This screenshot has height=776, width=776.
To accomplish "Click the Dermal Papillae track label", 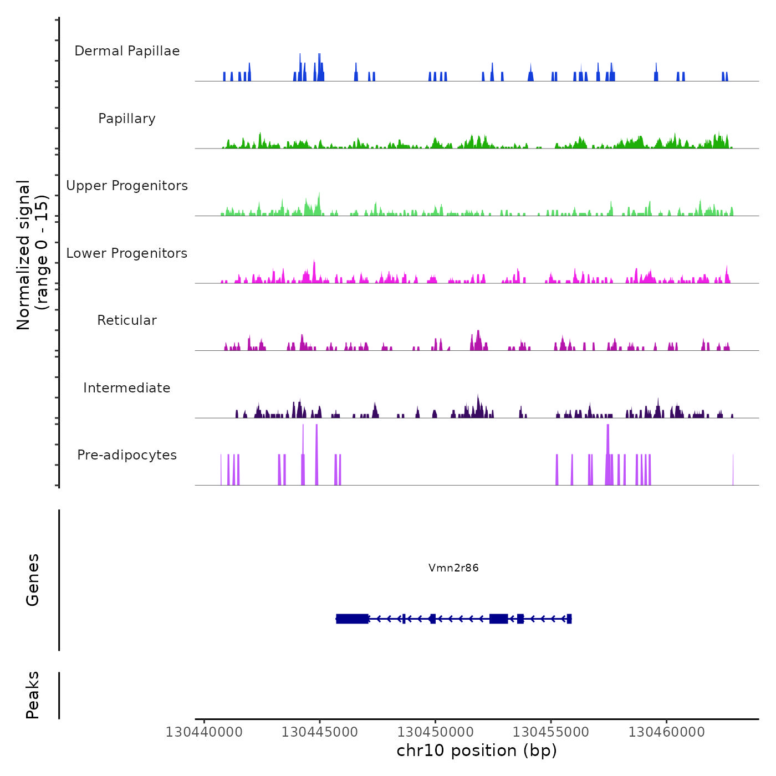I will [127, 51].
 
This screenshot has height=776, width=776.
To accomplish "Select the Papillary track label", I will [127, 119].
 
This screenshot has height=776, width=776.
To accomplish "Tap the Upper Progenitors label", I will [127, 186].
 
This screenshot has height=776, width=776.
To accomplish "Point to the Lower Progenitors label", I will [127, 253].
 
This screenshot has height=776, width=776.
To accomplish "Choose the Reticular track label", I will [127, 320].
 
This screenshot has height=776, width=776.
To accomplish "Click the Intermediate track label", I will [127, 388].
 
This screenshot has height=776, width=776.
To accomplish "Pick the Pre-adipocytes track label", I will [127, 455].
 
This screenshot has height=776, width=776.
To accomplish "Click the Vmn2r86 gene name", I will [453, 568].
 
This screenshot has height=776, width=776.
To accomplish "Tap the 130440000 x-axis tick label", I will [204, 732].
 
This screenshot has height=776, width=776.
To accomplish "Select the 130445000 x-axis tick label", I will [320, 732].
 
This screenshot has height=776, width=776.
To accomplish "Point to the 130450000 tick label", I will [436, 732].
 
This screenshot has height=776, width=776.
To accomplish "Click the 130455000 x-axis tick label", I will [551, 732].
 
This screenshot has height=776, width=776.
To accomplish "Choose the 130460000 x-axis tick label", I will [667, 732].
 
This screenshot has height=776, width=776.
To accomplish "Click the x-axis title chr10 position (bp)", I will [477, 751].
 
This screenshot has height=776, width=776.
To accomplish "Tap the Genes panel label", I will [33, 580].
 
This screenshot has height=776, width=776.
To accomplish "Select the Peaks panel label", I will [33, 695].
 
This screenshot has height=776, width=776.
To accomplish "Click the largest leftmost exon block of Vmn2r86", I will [353, 619].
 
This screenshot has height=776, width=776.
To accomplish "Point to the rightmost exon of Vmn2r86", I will [569, 619].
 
